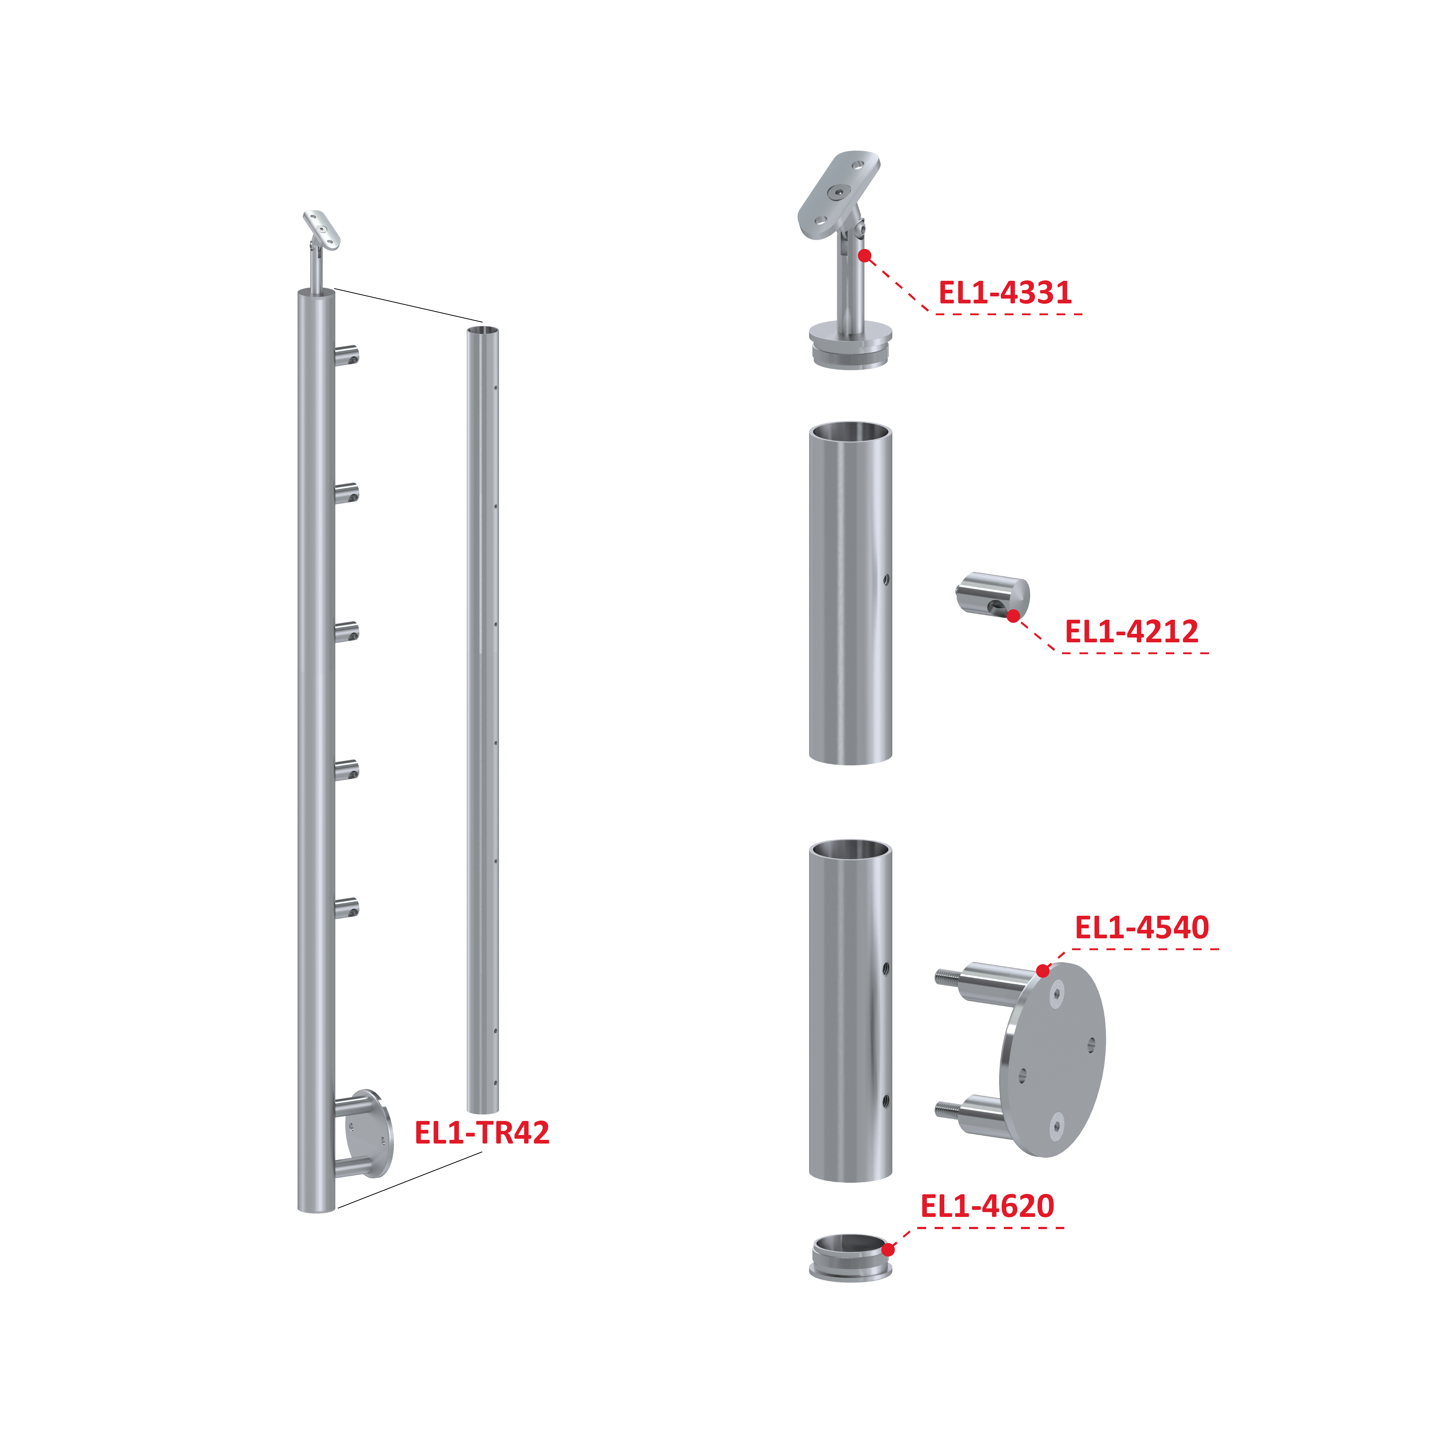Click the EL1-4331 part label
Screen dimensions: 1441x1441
tap(1005, 292)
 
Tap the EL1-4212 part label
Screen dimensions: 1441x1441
tap(1131, 632)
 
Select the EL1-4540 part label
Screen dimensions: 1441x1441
tap(1141, 927)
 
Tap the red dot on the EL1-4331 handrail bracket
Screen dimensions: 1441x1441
tap(865, 256)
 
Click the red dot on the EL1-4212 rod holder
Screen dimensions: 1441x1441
tap(1013, 616)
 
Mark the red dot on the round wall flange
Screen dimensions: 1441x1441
tap(1043, 971)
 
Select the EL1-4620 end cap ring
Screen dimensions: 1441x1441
tap(850, 1258)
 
